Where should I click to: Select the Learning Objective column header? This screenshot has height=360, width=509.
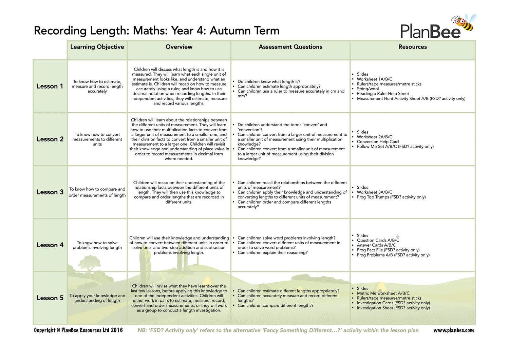coord(97,47)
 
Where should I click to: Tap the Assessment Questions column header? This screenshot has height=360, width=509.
coord(290,47)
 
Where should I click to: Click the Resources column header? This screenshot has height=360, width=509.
coord(412,47)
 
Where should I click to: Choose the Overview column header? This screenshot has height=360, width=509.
coord(179,47)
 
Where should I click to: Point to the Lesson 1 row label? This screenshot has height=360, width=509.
coord(50,86)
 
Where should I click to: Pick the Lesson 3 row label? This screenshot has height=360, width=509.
coord(50,192)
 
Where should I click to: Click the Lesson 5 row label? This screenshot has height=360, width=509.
coord(50,298)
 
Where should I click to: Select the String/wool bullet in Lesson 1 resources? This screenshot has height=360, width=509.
coord(367,89)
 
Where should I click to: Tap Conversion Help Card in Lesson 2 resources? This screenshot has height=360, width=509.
coord(378,142)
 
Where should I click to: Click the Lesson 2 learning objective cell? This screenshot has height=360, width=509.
coord(97,139)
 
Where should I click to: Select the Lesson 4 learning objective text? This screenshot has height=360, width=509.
coord(97,245)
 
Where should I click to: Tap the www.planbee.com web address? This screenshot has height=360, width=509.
coord(453,330)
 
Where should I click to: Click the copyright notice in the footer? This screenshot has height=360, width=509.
coord(78,330)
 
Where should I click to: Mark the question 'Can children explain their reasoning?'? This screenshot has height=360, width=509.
coord(272,252)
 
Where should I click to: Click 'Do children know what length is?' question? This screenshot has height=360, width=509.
coord(269,81)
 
